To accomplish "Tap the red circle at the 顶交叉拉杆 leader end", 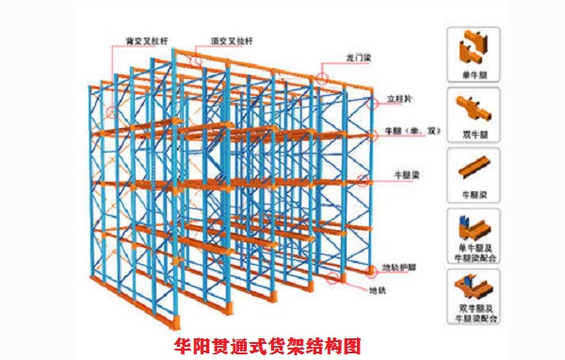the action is point(200,58).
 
